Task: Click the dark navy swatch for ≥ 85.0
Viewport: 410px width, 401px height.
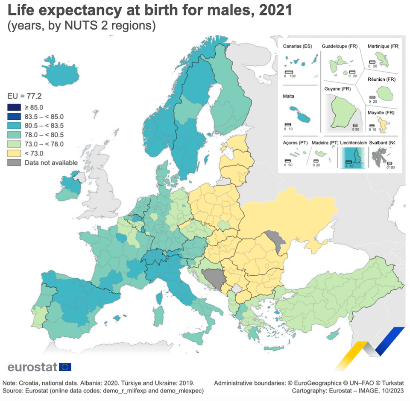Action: tap(14, 107)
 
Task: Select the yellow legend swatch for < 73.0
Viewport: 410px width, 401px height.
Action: tap(14, 153)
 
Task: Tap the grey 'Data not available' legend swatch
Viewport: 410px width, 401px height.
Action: tap(14, 162)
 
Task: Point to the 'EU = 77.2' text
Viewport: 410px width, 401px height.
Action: tap(25, 96)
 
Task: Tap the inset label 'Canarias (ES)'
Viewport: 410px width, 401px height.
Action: tap(297, 46)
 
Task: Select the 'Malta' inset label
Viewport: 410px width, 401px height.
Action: tap(288, 96)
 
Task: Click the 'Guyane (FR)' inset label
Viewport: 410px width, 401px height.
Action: tap(337, 89)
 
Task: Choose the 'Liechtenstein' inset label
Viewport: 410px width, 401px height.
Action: tap(354, 143)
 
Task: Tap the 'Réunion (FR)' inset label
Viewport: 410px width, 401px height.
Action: tap(381, 80)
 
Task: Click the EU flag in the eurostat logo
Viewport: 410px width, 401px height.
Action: tap(65, 367)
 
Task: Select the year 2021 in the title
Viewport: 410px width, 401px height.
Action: tap(275, 10)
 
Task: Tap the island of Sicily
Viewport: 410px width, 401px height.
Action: tap(194, 338)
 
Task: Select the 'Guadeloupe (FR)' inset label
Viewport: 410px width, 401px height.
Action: tap(340, 46)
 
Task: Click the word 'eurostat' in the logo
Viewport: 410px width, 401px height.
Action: tap(32, 367)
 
